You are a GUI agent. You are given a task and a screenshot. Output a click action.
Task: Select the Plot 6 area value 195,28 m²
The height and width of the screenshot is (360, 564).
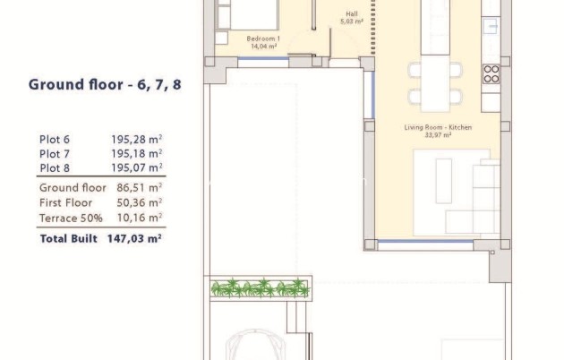[136, 139]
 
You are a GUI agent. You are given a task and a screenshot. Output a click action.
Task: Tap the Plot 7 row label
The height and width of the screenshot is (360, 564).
[55, 153]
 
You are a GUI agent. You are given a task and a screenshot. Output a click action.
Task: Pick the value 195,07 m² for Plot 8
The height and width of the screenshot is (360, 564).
[136, 167]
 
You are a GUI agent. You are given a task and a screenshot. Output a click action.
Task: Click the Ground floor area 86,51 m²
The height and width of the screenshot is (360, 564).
[139, 188]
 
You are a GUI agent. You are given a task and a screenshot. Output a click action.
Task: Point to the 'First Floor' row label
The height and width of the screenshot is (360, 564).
[66, 203]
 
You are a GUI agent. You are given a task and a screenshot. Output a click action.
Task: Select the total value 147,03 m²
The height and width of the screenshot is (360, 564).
[136, 239]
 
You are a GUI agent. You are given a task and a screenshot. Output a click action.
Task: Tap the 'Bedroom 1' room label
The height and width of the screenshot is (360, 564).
[264, 39]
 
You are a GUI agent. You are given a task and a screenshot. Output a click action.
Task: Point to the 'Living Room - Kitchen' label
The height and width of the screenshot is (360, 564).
[437, 128]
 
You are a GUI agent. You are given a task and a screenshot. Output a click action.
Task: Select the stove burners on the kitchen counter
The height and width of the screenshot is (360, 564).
[491, 72]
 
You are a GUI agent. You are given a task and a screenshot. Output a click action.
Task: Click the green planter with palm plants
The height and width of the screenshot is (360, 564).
[260, 287]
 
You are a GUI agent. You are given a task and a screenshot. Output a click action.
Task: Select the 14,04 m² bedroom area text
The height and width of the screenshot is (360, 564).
[264, 47]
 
